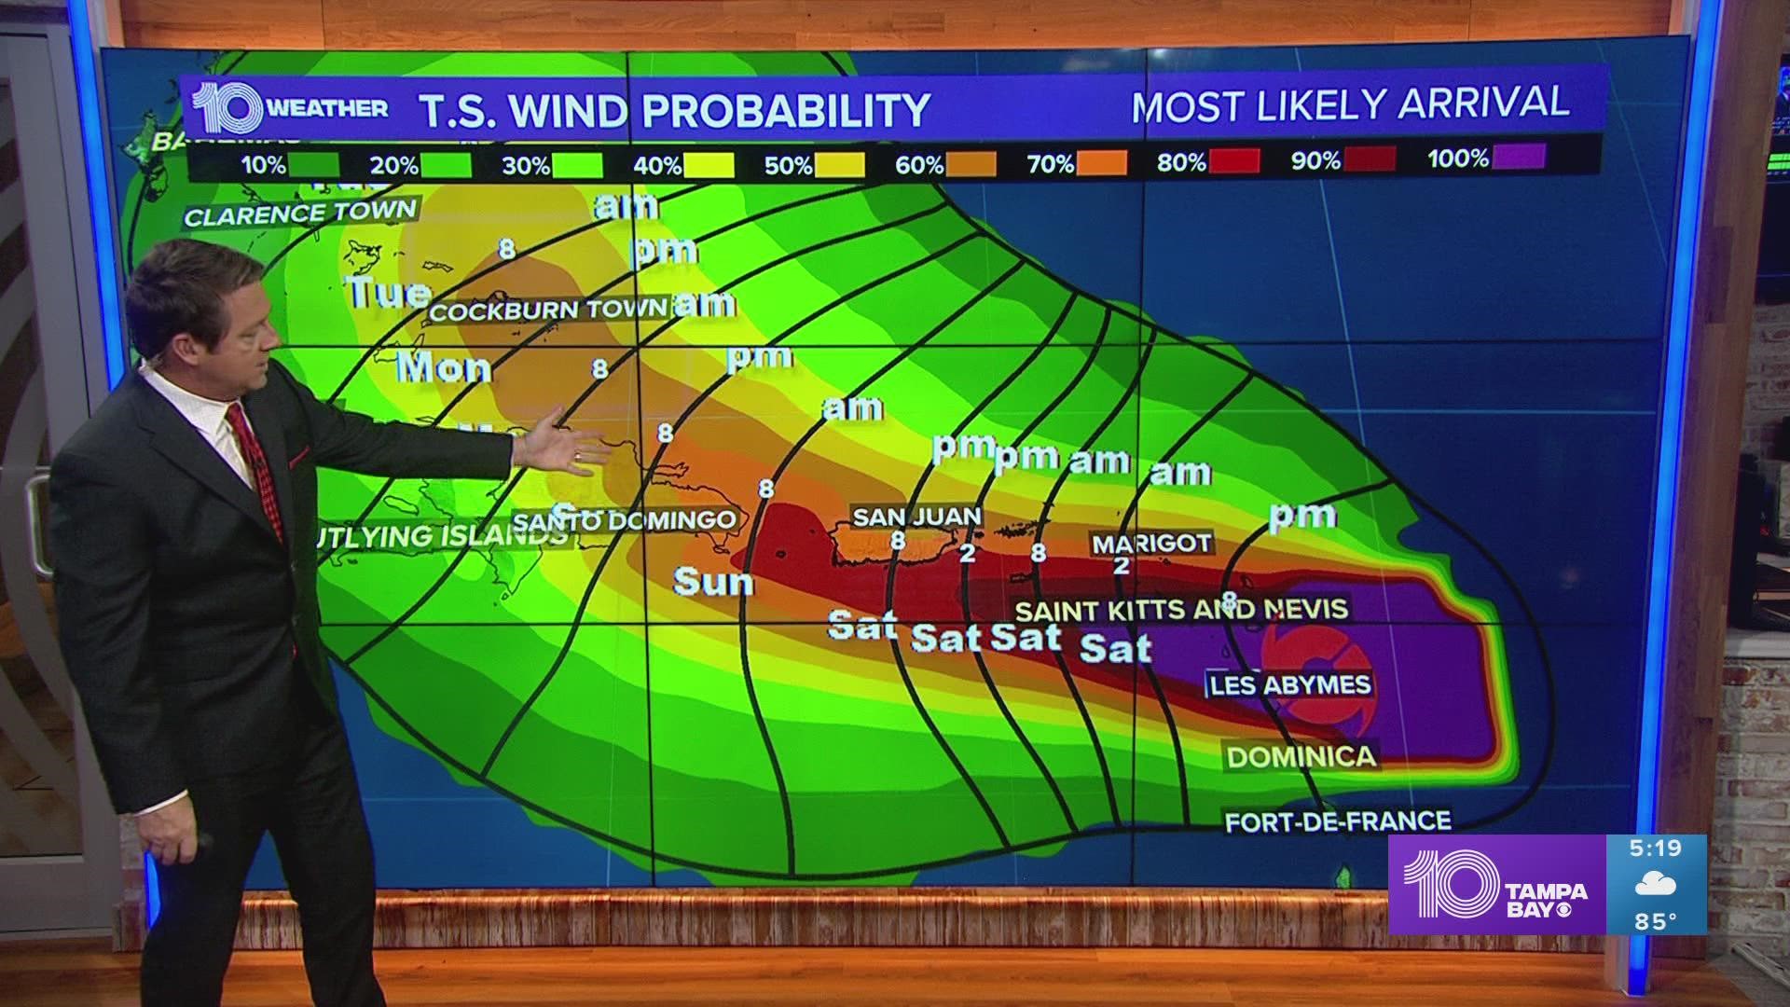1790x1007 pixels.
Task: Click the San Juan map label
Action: (916, 516)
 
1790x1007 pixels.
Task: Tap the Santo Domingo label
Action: (626, 520)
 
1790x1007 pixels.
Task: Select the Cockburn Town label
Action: (547, 310)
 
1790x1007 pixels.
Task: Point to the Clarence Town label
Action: (300, 214)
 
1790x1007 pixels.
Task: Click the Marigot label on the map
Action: (1152, 543)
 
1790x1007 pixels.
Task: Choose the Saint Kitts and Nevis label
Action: (1181, 611)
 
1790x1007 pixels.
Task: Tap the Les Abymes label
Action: (1290, 685)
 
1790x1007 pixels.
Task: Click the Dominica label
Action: (1301, 756)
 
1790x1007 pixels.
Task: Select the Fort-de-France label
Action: (1338, 821)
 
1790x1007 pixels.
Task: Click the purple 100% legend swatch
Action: (1519, 158)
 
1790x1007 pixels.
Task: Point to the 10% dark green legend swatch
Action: (313, 166)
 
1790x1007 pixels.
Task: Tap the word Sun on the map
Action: (713, 583)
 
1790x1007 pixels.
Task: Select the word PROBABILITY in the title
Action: (785, 110)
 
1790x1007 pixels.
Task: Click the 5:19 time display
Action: (1656, 848)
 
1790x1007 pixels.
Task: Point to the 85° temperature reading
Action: (1656, 921)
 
